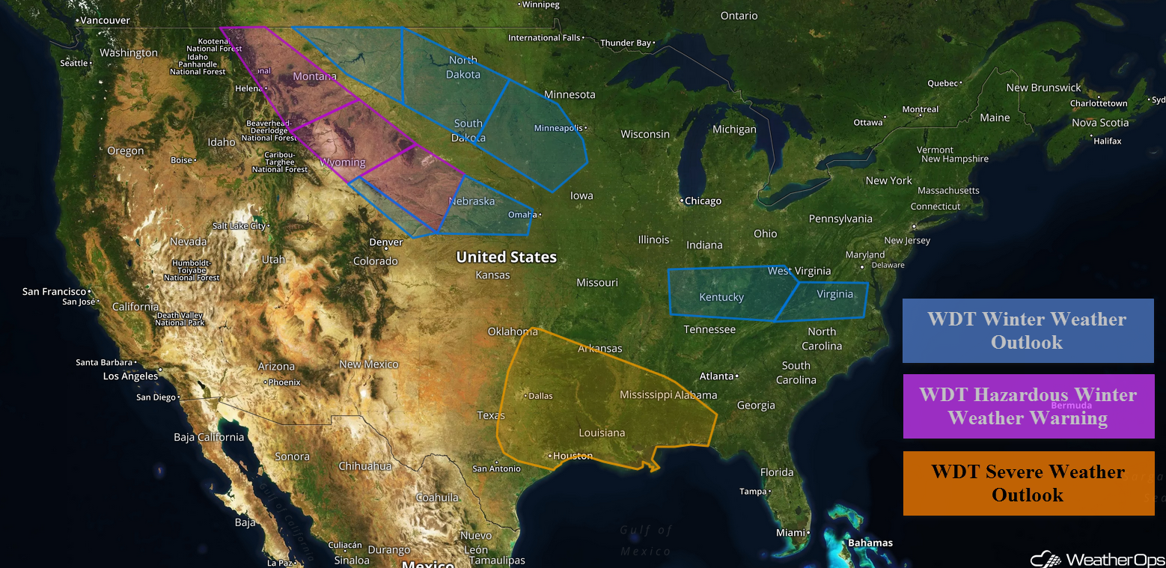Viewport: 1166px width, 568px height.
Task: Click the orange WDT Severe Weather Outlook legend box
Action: (1028, 483)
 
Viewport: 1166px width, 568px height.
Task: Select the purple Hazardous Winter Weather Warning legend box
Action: (1028, 406)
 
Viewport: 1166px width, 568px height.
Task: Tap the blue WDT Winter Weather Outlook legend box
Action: (1027, 330)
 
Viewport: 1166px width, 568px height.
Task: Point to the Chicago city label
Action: (703, 201)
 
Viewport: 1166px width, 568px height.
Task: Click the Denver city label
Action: (386, 242)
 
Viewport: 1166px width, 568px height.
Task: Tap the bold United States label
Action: (507, 257)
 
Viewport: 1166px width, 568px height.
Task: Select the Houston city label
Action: (573, 456)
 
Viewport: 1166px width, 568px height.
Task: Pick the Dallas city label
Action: (540, 396)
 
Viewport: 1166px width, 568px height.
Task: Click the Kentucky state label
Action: (721, 297)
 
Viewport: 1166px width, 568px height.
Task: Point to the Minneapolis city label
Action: (558, 128)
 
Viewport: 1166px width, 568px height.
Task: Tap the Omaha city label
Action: (522, 215)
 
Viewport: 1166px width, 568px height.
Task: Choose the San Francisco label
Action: (54, 291)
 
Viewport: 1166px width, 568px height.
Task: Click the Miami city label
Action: (790, 533)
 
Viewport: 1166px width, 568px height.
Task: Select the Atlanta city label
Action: (716, 376)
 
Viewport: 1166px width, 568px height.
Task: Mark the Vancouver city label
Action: (106, 21)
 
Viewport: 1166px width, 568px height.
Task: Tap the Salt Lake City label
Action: (239, 225)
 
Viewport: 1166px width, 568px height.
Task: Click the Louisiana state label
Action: (602, 433)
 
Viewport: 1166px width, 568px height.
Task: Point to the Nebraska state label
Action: (471, 201)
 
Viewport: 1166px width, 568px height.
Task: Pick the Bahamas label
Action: (870, 543)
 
